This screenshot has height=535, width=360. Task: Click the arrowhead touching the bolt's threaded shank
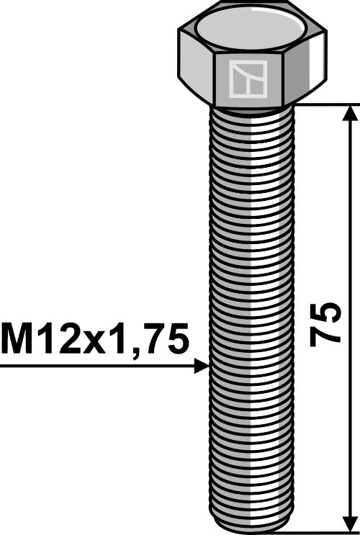[x=202, y=367]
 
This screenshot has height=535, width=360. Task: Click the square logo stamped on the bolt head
[x=247, y=79]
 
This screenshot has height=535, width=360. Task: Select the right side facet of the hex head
[x=306, y=68]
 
